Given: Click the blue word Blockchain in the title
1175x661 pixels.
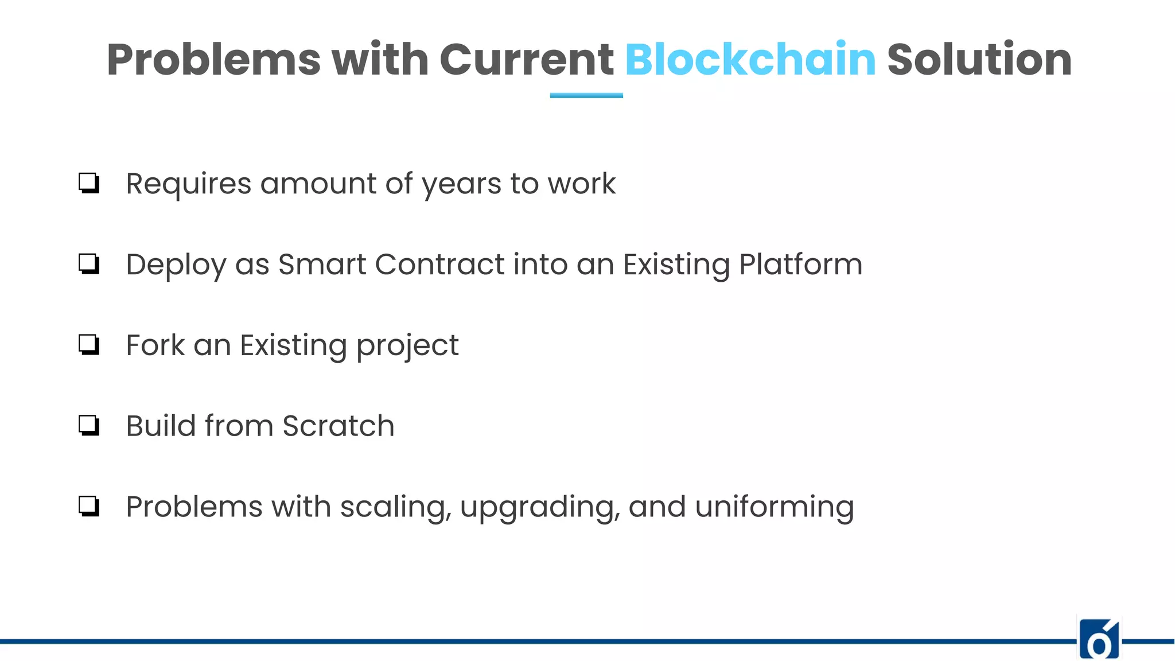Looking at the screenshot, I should click(x=750, y=60).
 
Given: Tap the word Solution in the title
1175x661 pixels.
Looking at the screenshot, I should click(x=979, y=60).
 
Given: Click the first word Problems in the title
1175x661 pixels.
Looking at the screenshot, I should click(x=213, y=60).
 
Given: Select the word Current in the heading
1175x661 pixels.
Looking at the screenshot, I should click(x=526, y=60).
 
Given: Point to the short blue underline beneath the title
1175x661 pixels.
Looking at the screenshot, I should click(x=586, y=95).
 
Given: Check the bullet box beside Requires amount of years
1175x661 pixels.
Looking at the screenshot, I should click(x=89, y=184).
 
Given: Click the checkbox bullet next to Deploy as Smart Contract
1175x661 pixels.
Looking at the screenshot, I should click(x=89, y=265).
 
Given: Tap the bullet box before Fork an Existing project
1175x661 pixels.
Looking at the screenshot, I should click(x=89, y=345).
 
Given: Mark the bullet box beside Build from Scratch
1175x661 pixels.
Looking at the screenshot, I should click(x=89, y=426).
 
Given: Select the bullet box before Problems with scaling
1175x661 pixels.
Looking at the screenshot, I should click(x=89, y=507).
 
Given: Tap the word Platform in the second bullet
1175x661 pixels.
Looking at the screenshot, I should click(x=800, y=265).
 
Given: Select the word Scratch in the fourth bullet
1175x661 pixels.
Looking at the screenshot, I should click(x=338, y=426).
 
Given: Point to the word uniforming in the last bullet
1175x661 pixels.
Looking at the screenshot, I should click(x=774, y=508).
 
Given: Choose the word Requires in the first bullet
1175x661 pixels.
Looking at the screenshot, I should click(x=189, y=185).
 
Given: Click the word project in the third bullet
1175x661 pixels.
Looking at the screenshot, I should click(x=407, y=347).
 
